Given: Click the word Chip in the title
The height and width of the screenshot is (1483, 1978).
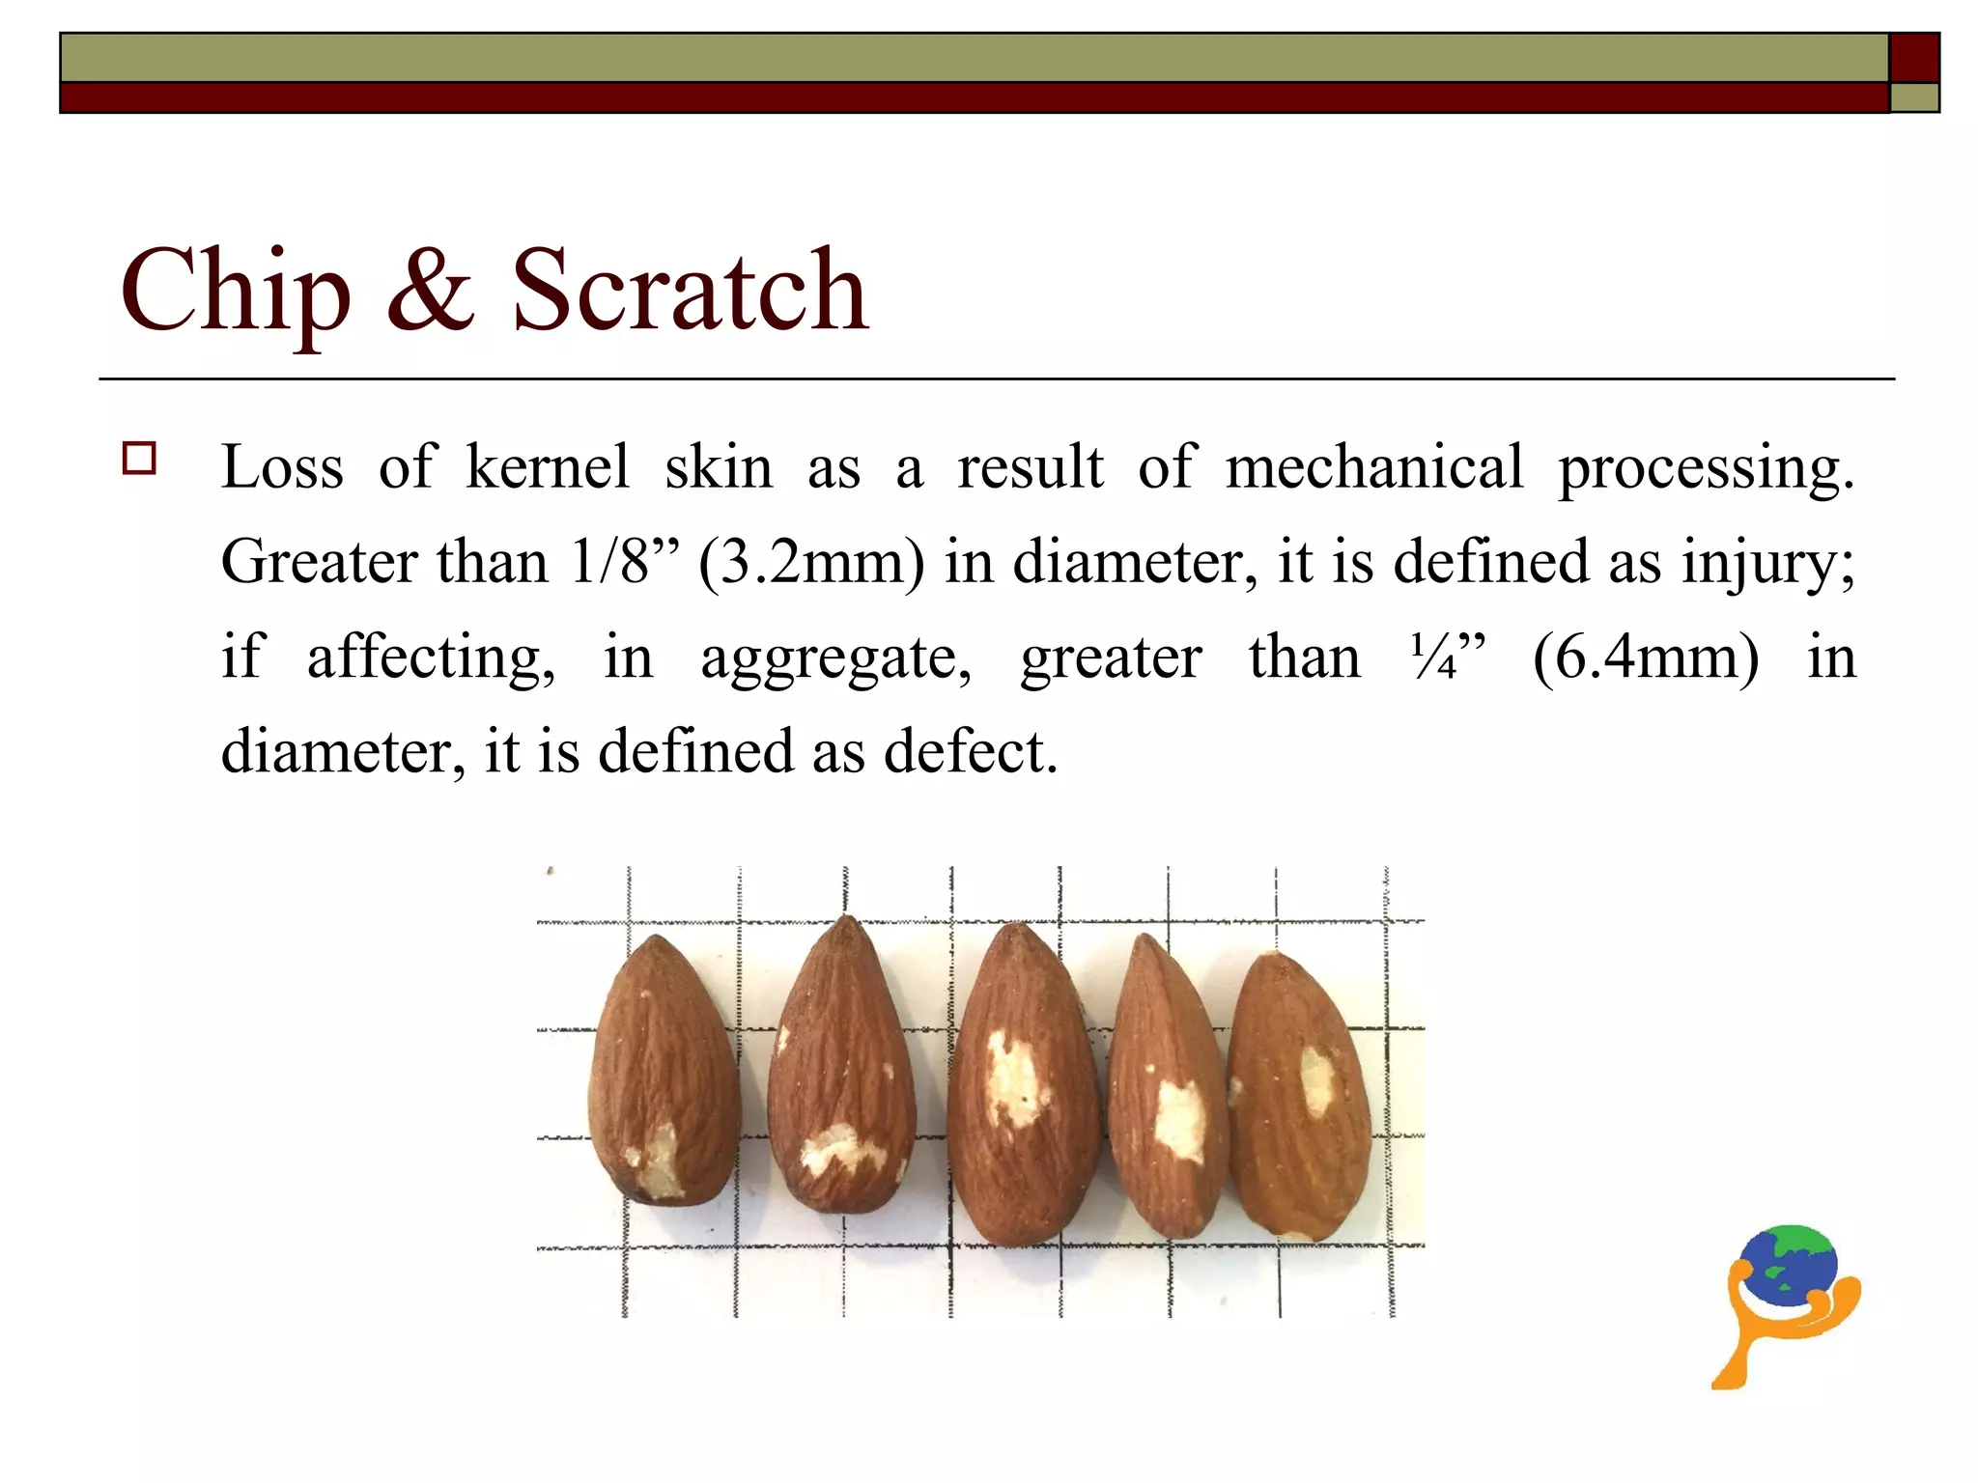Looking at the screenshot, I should pyautogui.click(x=235, y=291).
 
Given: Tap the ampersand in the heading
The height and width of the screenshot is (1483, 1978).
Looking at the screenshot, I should pyautogui.click(x=431, y=289).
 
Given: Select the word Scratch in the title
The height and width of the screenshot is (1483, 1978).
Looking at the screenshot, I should pyautogui.click(x=690, y=289).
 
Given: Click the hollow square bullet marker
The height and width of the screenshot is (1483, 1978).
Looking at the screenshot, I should pyautogui.click(x=140, y=458).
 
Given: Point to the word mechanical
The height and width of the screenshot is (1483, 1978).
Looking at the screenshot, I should pyautogui.click(x=1373, y=467).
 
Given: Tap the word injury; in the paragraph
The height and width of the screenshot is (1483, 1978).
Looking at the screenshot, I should pyautogui.click(x=1768, y=562).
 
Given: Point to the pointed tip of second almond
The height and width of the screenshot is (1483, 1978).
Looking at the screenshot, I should pyautogui.click(x=847, y=922).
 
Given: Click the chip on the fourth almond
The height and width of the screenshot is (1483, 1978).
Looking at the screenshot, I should pyautogui.click(x=1179, y=1120).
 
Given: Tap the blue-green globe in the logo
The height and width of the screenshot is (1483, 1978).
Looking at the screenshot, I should pyautogui.click(x=1789, y=1265).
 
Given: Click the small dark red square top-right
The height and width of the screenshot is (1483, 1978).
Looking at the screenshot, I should pyautogui.click(x=1914, y=58).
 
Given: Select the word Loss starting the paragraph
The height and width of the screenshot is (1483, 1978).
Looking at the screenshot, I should pyautogui.click(x=282, y=467).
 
